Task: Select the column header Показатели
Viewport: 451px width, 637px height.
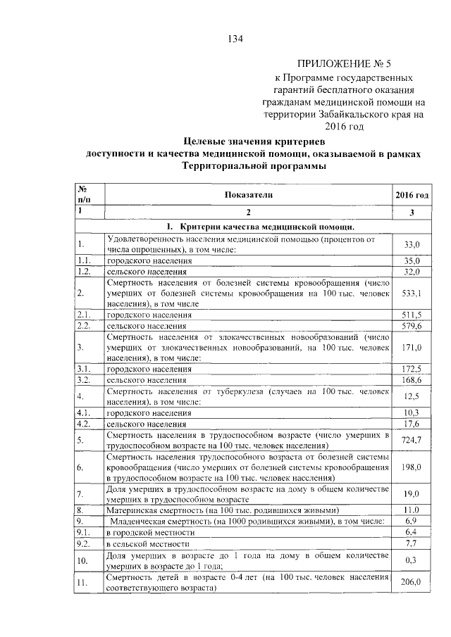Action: click(x=248, y=194)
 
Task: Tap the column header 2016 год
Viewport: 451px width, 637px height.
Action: click(x=411, y=194)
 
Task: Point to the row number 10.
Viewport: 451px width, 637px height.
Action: click(x=85, y=560)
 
